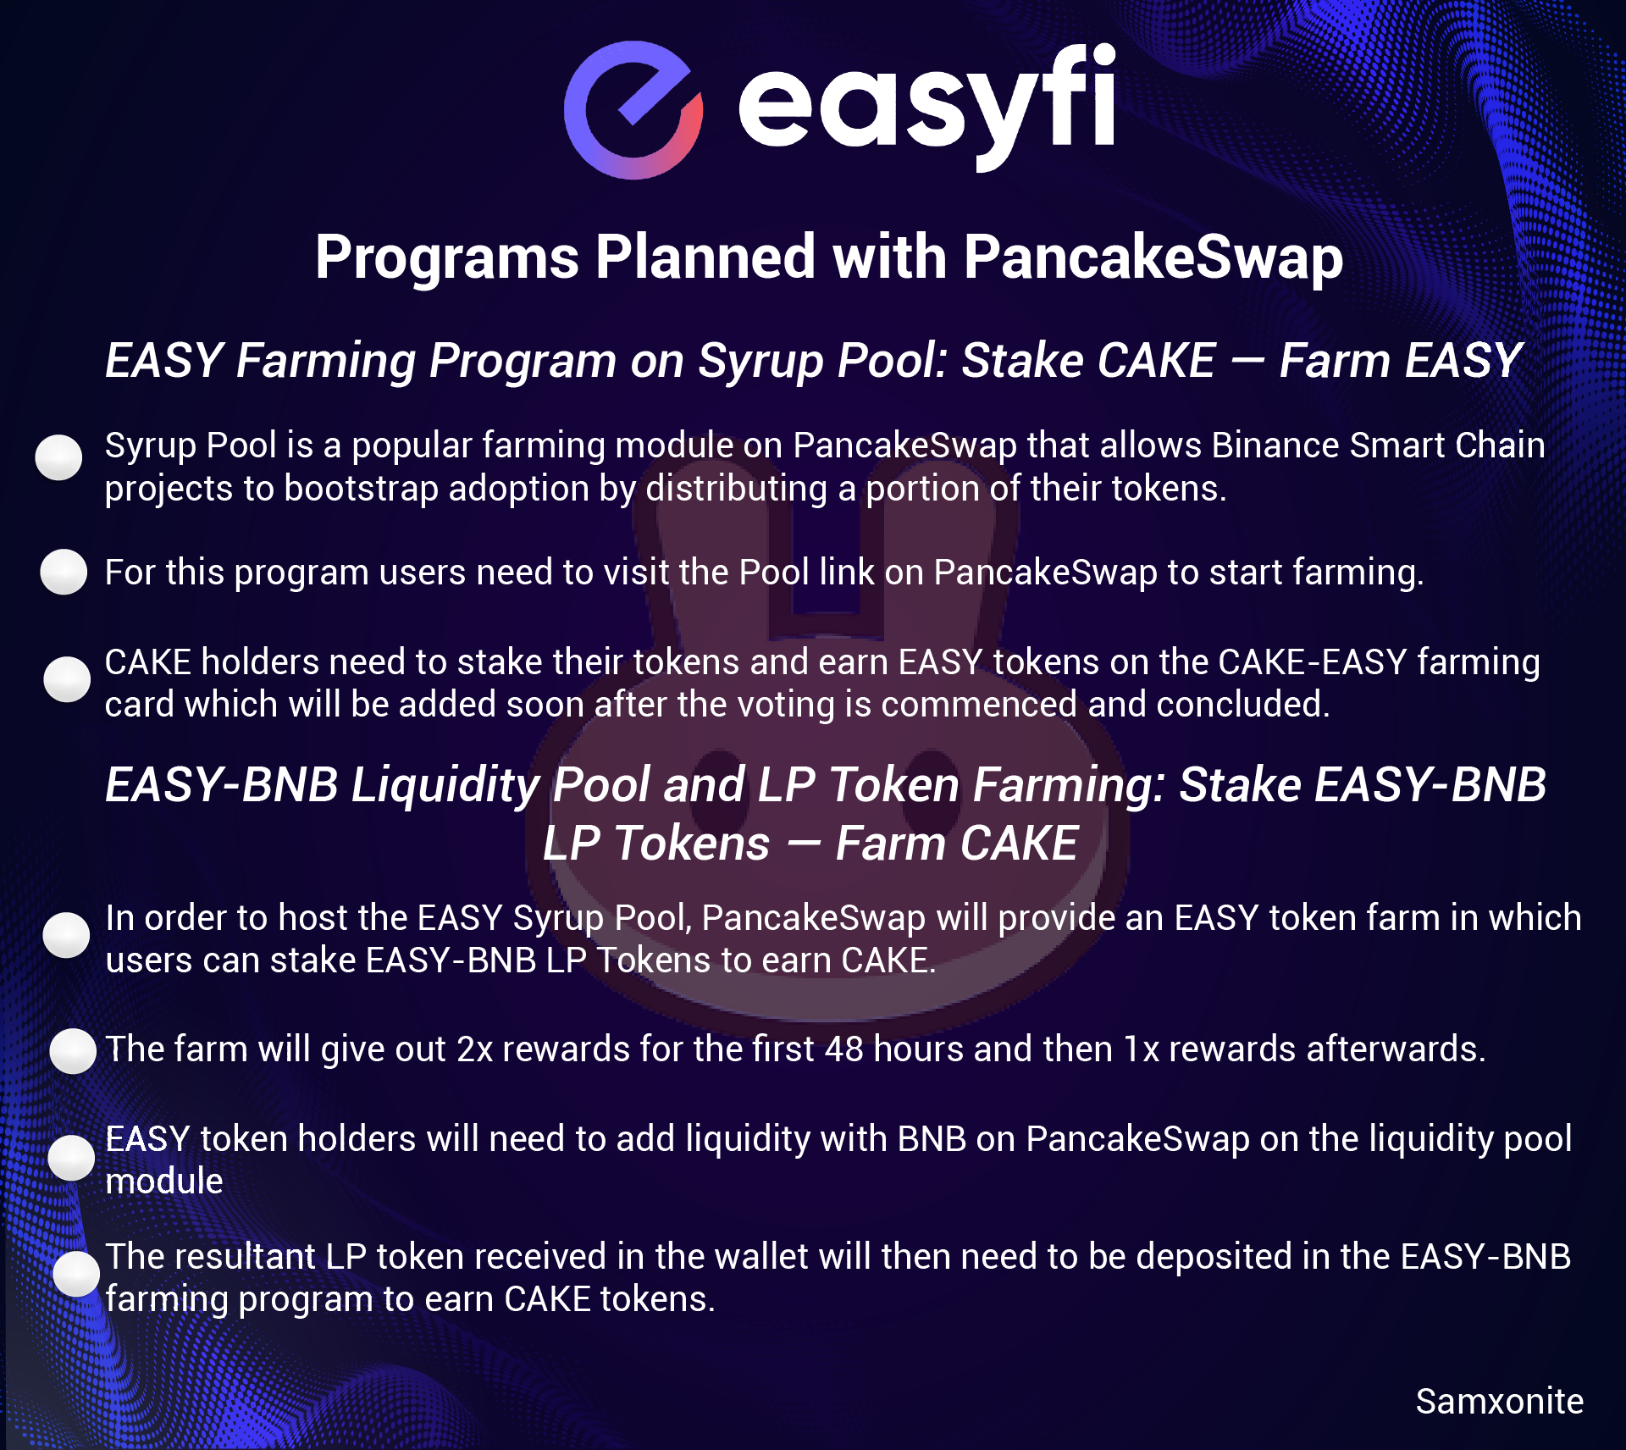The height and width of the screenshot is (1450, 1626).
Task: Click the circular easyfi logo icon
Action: pos(633,110)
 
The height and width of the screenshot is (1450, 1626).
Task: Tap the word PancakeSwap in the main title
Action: pos(1153,257)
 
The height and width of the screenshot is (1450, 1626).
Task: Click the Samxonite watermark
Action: pos(1500,1402)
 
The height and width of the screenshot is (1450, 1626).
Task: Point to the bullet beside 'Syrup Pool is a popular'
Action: pos(58,457)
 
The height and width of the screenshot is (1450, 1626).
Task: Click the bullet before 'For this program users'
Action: pos(64,572)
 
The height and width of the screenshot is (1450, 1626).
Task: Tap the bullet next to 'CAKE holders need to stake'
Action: pos(67,679)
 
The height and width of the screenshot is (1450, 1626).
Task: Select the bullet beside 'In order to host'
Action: pos(66,935)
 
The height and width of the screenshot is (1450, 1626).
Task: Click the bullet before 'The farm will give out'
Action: pos(73,1051)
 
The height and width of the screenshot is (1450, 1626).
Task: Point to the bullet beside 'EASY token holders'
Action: pos(71,1158)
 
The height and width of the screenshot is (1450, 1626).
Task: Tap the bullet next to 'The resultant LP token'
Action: pos(76,1274)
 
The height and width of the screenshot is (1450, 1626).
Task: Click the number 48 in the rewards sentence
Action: pos(844,1049)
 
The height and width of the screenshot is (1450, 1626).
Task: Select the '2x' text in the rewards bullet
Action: pos(475,1049)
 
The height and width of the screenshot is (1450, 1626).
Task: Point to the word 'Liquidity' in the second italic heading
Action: pos(445,786)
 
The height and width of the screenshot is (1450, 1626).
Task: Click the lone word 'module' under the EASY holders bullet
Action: pos(164,1182)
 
